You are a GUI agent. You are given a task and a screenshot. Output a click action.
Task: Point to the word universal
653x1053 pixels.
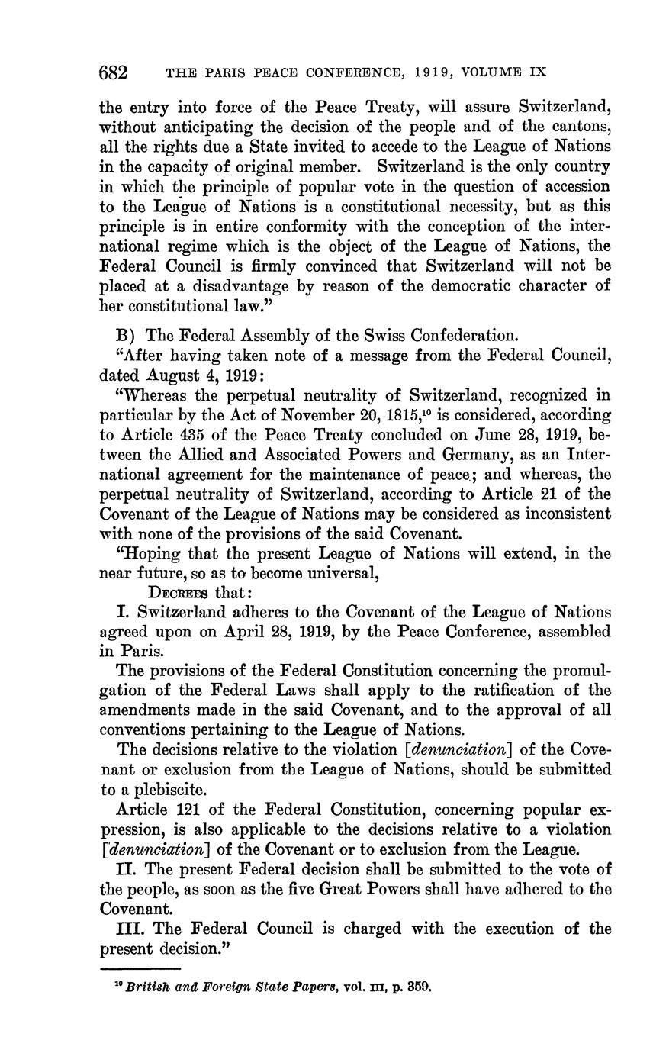(x=327, y=572)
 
